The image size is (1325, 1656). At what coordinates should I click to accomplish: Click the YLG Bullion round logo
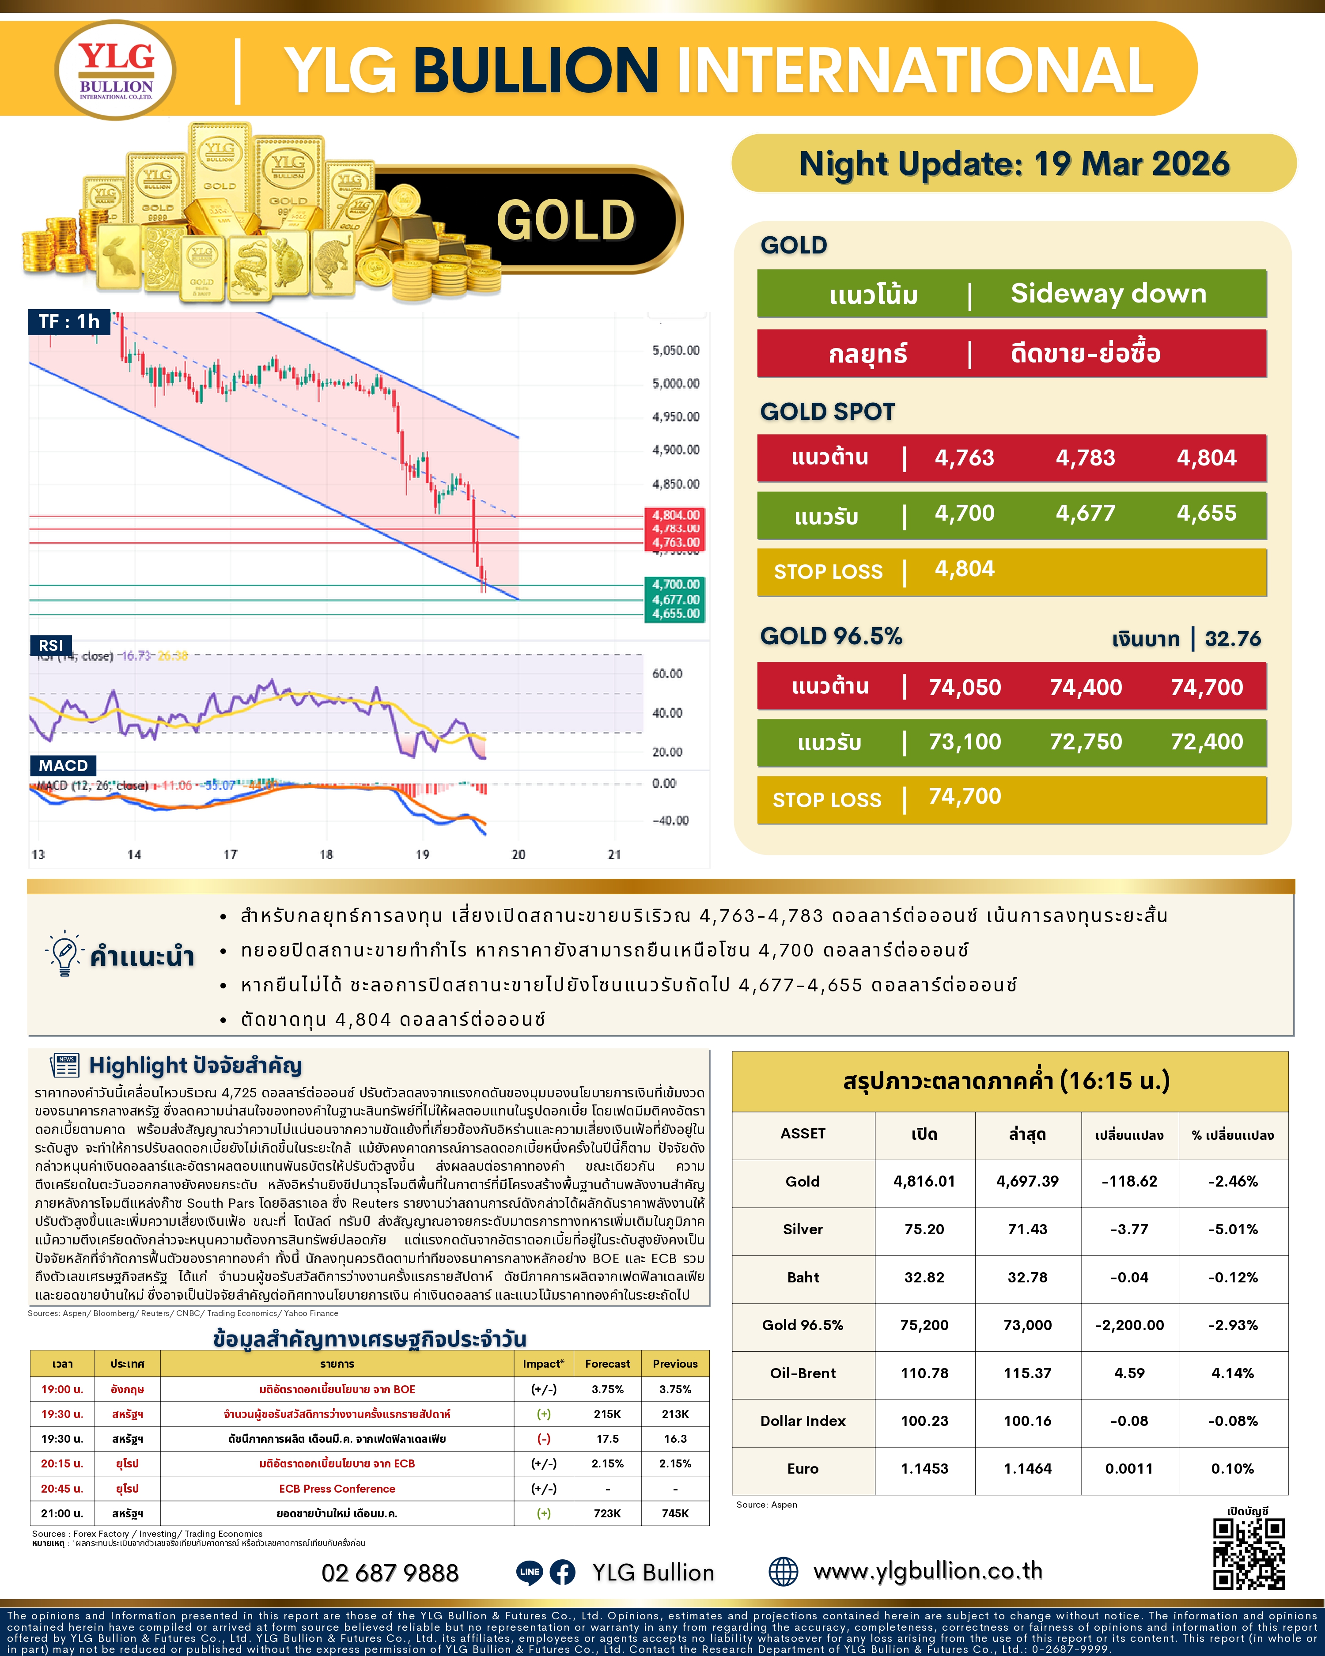point(116,70)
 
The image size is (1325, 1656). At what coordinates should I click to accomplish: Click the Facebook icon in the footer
point(562,1572)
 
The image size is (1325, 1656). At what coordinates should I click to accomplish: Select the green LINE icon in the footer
point(529,1572)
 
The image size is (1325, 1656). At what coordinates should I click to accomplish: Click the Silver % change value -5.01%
point(1232,1229)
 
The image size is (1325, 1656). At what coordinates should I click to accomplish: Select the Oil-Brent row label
point(803,1372)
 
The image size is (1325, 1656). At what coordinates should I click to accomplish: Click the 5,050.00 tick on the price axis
point(675,350)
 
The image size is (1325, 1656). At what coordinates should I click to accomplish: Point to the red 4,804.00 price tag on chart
point(676,514)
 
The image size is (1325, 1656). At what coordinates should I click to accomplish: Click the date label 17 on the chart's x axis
point(231,854)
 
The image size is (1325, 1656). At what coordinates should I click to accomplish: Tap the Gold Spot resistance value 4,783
point(1085,458)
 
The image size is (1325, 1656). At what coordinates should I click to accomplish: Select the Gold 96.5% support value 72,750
point(1085,742)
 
